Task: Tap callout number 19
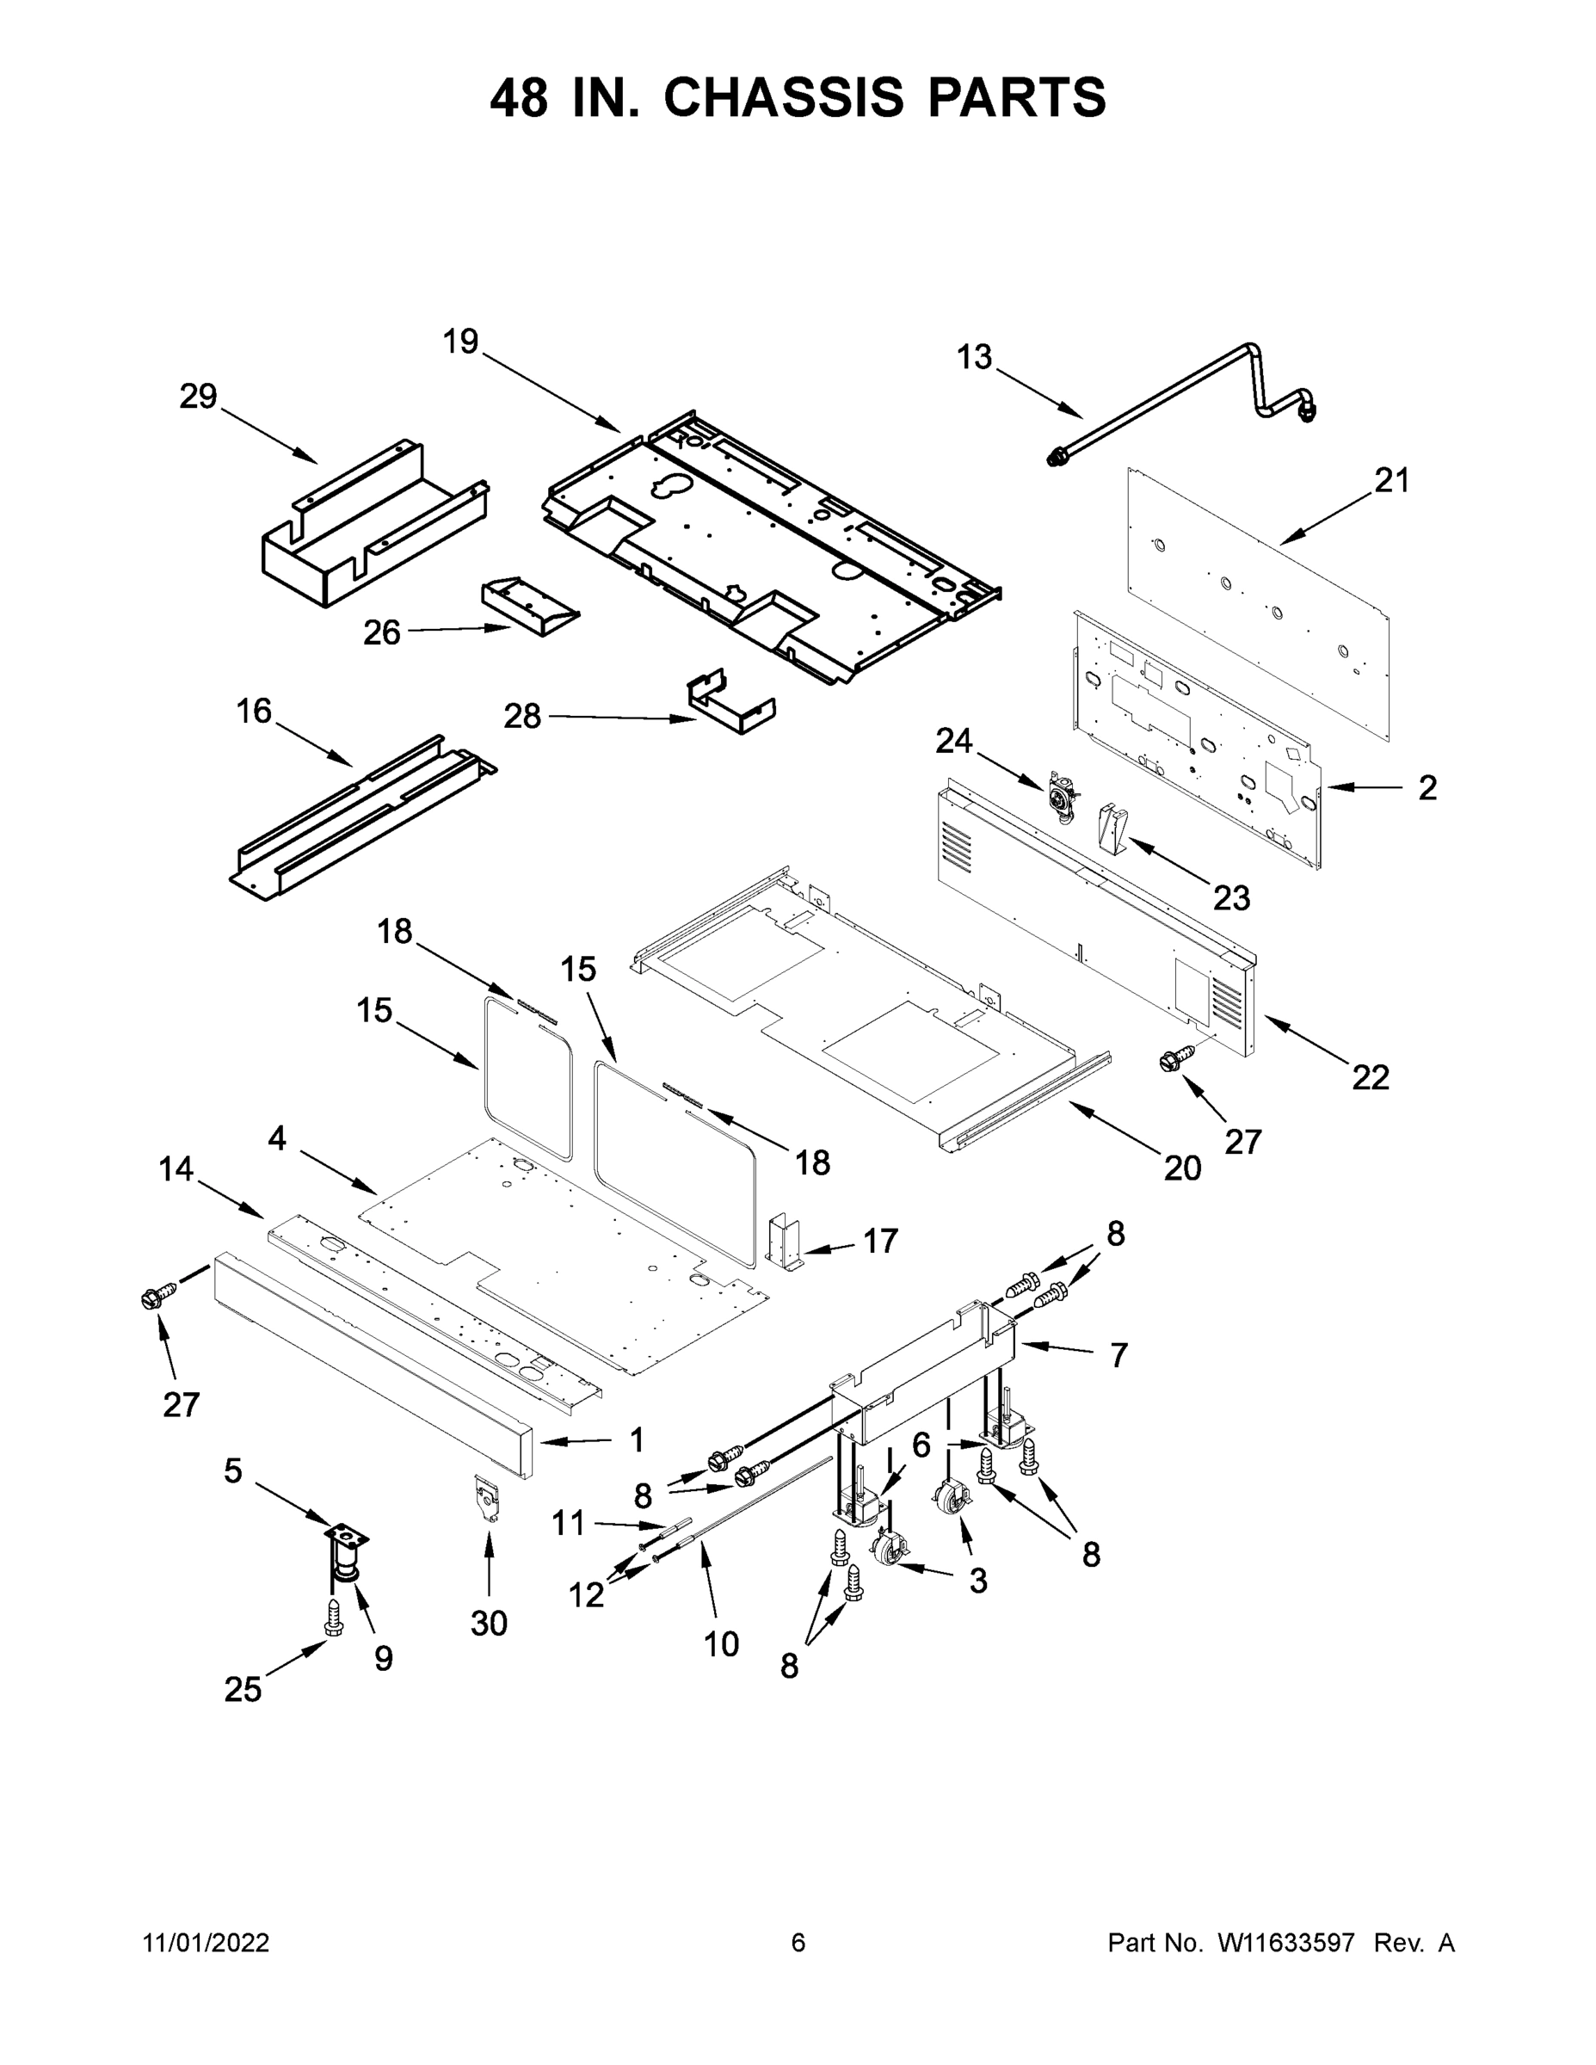(x=460, y=342)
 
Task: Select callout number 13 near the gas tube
(x=974, y=357)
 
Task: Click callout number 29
(x=199, y=398)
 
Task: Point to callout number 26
(x=382, y=632)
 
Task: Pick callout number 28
(x=522, y=717)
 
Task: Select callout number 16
(x=254, y=711)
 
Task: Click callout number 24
(x=953, y=742)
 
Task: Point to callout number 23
(x=1231, y=897)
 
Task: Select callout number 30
(x=489, y=1624)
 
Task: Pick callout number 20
(x=1182, y=1168)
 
